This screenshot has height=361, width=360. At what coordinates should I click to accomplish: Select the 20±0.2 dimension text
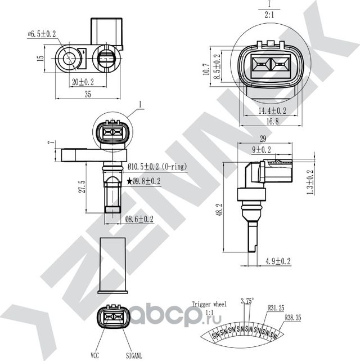82,82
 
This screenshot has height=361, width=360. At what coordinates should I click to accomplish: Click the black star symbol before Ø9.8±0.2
130,181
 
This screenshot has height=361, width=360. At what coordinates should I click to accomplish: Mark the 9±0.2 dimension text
262,150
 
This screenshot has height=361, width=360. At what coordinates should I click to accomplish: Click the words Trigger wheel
209,304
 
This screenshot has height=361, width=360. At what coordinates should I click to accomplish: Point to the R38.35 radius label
293,318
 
